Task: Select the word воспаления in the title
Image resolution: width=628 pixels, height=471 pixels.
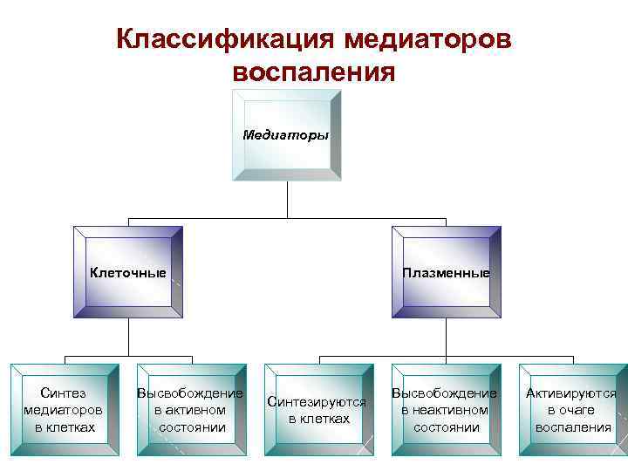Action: [315, 71]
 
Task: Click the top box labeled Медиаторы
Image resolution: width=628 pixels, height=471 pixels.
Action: [286, 135]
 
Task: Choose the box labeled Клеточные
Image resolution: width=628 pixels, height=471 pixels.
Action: [128, 272]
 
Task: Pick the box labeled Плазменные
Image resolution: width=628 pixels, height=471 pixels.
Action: [446, 272]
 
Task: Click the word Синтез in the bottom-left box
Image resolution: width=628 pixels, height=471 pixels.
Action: [64, 393]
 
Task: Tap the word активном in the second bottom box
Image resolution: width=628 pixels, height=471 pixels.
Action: [190, 410]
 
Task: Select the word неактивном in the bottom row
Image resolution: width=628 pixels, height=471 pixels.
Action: [445, 410]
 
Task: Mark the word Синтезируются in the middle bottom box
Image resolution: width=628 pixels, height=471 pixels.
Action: [317, 402]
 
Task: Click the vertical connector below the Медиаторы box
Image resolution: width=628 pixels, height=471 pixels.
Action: [287, 199]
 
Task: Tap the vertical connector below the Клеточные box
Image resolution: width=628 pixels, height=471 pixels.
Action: [128, 336]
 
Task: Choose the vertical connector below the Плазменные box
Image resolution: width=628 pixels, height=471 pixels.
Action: [446, 336]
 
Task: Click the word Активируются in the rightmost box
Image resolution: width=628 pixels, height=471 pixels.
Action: [571, 393]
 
